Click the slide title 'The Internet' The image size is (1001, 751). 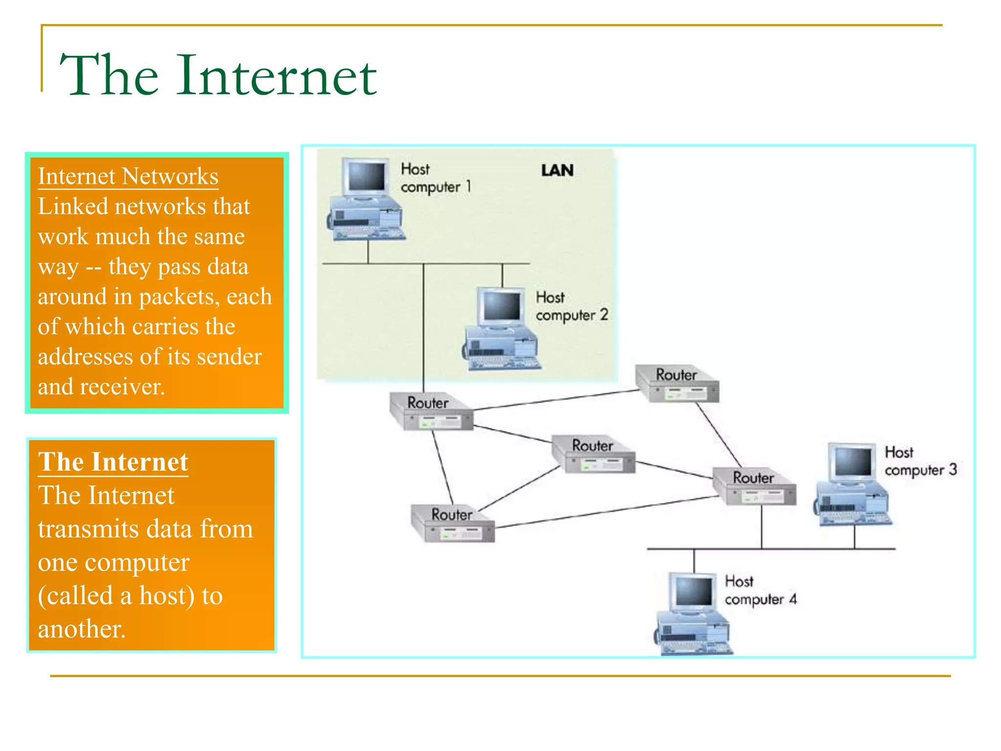pos(218,76)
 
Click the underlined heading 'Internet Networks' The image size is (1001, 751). pos(128,177)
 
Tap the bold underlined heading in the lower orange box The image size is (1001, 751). pos(113,462)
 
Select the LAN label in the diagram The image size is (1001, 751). pos(557,171)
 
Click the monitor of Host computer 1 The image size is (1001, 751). pos(366,177)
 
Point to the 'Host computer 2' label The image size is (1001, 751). pos(571,307)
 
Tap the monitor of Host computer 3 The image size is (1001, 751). pos(852,462)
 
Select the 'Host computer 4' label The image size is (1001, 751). pos(760,591)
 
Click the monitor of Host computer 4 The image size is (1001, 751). pos(693,592)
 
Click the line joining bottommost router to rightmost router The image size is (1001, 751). pos(606,512)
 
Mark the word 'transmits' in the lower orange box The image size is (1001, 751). pos(88,529)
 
